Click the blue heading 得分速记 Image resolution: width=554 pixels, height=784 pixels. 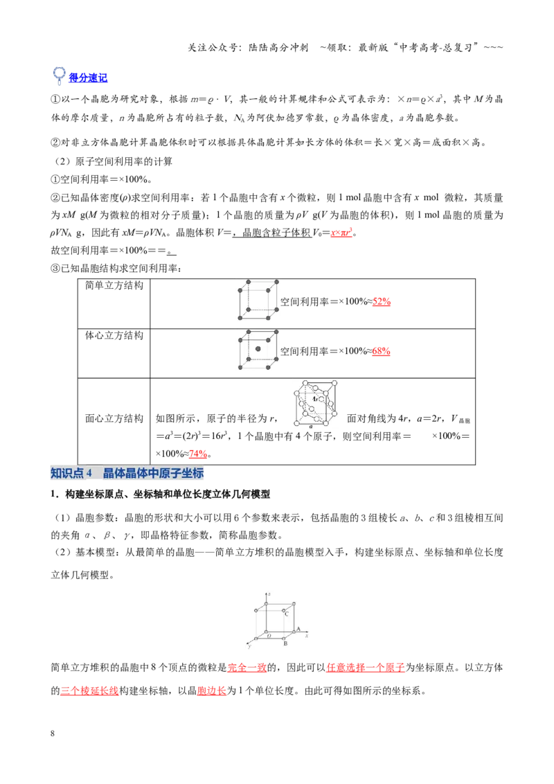[x=88, y=78]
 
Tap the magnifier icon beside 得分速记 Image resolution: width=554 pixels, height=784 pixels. [x=59, y=75]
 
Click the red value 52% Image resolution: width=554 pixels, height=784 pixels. [x=382, y=301]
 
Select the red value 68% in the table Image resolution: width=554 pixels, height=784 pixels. [x=381, y=351]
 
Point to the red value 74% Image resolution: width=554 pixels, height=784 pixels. [x=198, y=454]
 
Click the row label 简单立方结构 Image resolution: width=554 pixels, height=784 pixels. [x=114, y=285]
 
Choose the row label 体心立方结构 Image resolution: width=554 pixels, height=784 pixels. [x=114, y=335]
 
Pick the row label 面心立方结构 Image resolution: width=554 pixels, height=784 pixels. [x=114, y=418]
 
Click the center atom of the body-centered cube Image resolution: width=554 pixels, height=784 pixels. [x=258, y=349]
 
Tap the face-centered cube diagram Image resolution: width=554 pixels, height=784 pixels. [x=315, y=404]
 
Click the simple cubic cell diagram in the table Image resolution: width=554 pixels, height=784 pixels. [x=258, y=300]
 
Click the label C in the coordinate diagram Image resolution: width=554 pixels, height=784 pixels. [x=287, y=614]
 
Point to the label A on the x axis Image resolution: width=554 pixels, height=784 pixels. [x=298, y=629]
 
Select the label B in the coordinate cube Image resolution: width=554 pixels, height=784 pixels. [x=285, y=643]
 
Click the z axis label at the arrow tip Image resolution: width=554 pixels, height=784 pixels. [x=269, y=594]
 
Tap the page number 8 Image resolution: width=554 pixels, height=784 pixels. [x=53, y=733]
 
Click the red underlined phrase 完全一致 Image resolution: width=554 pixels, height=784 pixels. [x=247, y=668]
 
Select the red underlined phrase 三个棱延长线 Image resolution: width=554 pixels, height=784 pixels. [x=89, y=691]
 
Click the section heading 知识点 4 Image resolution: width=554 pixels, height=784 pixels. [x=71, y=473]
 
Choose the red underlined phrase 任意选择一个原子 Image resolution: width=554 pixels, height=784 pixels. [x=366, y=668]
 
